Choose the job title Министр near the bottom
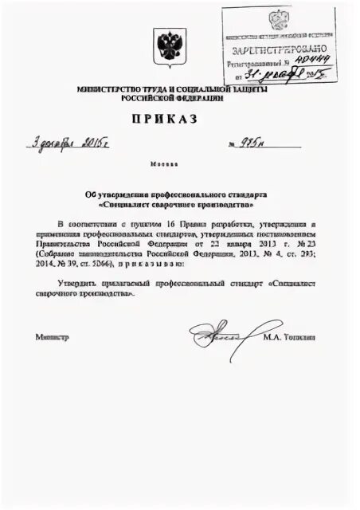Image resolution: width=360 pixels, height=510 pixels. (x=53, y=337)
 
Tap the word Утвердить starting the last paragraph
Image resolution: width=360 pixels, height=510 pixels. (x=76, y=283)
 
